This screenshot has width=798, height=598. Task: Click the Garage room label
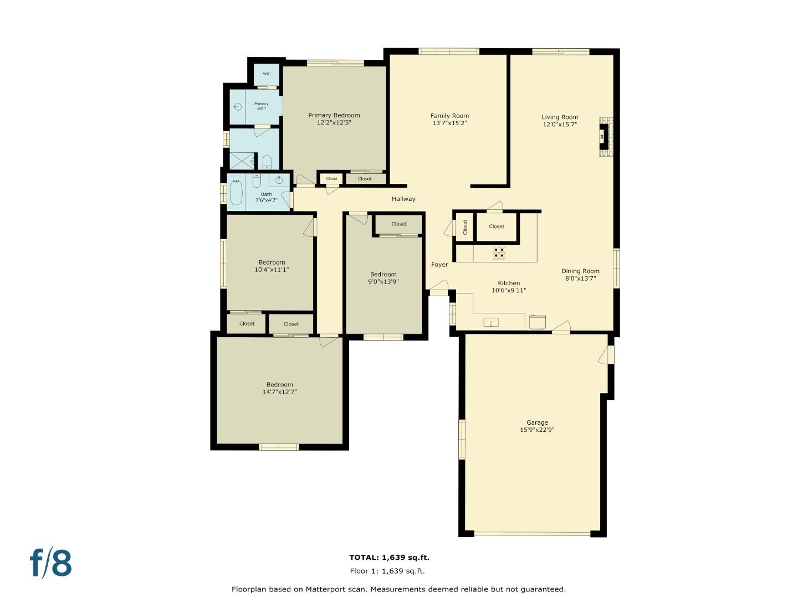[x=537, y=422]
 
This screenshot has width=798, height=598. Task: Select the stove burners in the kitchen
[x=499, y=253]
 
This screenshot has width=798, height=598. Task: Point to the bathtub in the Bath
[x=237, y=193]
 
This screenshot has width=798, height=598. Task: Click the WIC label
[x=267, y=74]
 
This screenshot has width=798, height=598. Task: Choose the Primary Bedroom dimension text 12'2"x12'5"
[x=334, y=122]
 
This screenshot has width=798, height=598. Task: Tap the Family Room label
[x=449, y=116]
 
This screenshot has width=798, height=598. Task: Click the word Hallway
[x=403, y=199]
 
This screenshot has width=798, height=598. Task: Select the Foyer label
[x=439, y=265]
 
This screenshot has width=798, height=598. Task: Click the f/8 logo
[x=51, y=563]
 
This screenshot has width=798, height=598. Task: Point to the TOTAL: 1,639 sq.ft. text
[x=389, y=558]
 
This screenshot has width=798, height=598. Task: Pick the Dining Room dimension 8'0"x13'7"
[x=580, y=279]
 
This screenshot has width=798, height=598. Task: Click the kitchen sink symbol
[x=490, y=322]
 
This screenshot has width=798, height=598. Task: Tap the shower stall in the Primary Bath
[x=241, y=161]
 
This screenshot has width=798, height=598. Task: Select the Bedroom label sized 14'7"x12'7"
[x=279, y=385]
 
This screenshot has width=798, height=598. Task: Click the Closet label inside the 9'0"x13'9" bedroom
[x=399, y=224]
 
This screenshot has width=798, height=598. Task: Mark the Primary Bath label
[x=261, y=106]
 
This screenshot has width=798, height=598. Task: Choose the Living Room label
[x=560, y=117]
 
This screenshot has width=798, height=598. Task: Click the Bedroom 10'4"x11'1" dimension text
[x=272, y=270]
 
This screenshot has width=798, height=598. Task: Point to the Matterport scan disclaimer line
[x=398, y=589]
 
